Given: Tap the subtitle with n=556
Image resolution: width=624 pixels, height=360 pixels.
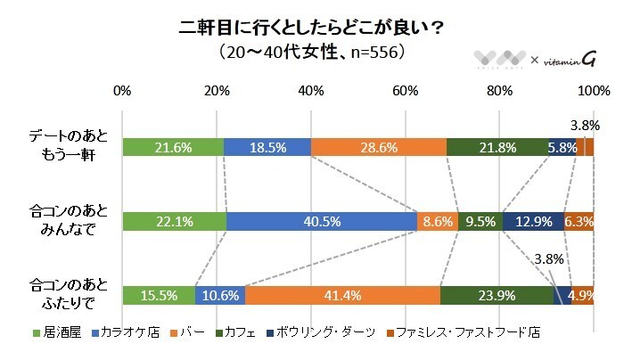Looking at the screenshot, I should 311,53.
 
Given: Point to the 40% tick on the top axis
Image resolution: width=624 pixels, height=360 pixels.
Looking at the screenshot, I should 311,92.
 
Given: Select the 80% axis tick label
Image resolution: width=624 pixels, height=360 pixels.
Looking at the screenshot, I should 499,92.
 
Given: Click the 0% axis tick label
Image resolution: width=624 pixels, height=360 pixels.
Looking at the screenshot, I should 123,92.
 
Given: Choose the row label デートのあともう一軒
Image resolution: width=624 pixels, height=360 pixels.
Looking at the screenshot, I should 70,147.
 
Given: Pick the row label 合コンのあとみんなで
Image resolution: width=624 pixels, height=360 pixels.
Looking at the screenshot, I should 70,221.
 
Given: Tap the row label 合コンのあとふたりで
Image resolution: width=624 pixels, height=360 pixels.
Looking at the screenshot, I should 70,295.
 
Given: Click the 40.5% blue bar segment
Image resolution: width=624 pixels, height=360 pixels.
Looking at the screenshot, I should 322,222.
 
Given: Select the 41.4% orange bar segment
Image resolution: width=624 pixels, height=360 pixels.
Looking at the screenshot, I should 342,296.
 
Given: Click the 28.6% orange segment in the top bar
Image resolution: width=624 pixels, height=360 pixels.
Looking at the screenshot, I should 378,148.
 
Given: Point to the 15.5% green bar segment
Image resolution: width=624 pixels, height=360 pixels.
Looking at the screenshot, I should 159,296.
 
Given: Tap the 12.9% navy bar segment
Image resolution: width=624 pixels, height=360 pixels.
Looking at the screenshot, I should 533,222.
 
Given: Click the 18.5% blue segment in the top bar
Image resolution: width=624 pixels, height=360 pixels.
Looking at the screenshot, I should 267,148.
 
